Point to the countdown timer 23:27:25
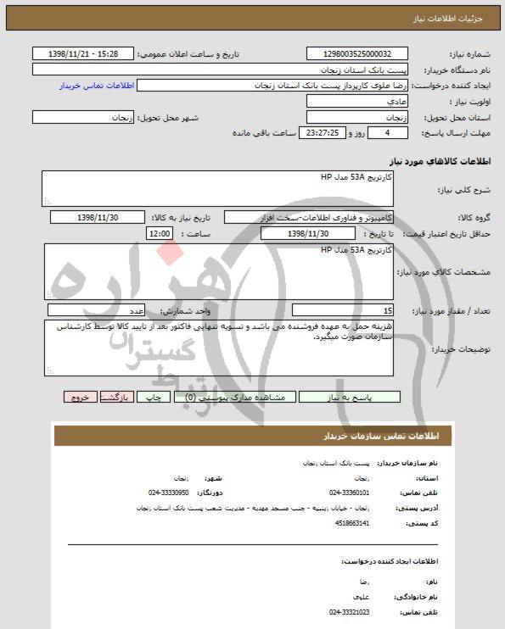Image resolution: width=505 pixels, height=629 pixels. [323, 134]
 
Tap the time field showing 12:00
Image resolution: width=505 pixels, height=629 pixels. [159, 233]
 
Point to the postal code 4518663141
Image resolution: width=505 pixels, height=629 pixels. [352, 524]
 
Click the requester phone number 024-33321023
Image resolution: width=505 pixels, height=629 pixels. [349, 610]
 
